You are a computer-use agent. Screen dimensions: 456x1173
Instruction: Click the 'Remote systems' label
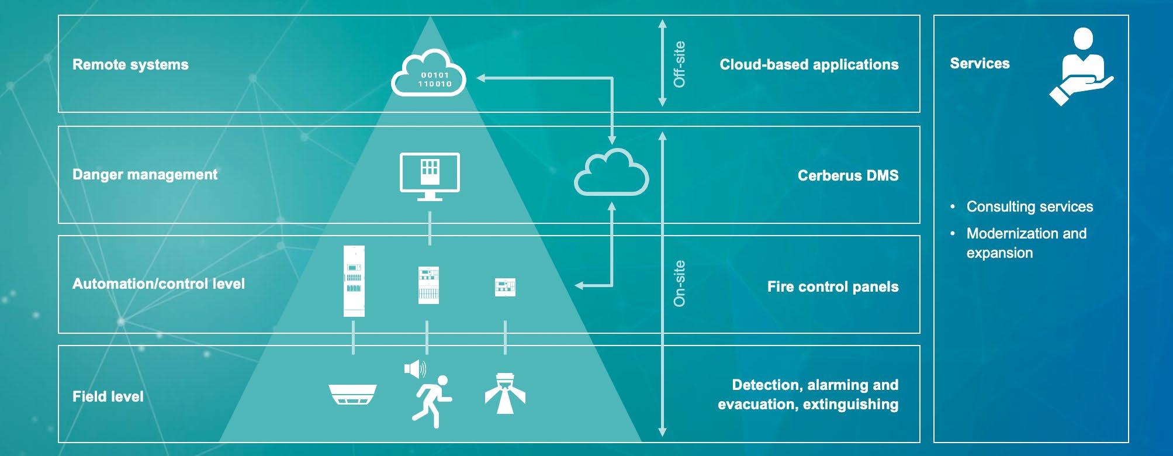(x=130, y=64)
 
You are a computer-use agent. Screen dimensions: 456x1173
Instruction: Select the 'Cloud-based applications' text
(x=809, y=64)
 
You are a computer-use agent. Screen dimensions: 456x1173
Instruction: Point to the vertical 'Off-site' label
(x=679, y=64)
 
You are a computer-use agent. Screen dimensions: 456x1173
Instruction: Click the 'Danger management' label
(x=145, y=174)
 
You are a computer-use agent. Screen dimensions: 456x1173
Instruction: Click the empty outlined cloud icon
(x=611, y=172)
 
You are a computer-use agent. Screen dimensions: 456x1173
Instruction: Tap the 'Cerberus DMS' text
(x=847, y=175)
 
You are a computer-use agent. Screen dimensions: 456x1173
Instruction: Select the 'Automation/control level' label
(x=158, y=284)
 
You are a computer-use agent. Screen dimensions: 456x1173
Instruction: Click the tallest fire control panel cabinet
(x=354, y=281)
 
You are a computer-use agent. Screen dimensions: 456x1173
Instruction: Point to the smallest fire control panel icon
(x=505, y=286)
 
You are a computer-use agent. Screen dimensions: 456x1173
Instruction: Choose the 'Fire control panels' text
(x=832, y=286)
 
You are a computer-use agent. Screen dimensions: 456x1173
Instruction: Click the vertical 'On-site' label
(x=679, y=284)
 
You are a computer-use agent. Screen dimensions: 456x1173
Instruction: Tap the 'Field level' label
(x=108, y=396)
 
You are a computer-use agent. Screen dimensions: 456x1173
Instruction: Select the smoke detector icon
(x=352, y=393)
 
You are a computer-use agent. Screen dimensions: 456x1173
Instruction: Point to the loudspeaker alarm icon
(x=414, y=369)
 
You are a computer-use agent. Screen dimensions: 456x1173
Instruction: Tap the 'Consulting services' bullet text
(x=1029, y=206)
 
